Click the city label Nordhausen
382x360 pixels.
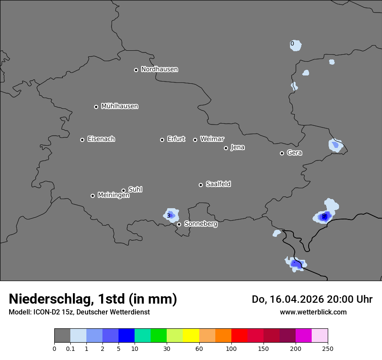[159, 69]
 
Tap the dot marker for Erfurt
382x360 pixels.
[162, 140]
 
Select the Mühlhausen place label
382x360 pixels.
[119, 106]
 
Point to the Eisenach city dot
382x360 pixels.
[82, 140]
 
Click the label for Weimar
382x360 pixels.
[212, 139]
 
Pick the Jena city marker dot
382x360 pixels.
[226, 148]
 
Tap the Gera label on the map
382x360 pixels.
[294, 153]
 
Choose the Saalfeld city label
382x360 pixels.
[218, 184]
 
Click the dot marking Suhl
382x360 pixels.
[123, 190]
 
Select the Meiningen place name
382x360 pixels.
[113, 196]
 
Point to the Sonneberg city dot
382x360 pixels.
[179, 224]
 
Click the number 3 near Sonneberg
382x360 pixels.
[168, 216]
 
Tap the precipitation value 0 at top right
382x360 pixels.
[292, 44]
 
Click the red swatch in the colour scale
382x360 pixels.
[239, 336]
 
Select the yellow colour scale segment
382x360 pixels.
[191, 336]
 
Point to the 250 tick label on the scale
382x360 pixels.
[328, 348]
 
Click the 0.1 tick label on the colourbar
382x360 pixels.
[70, 348]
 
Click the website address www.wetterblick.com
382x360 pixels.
[313, 312]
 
